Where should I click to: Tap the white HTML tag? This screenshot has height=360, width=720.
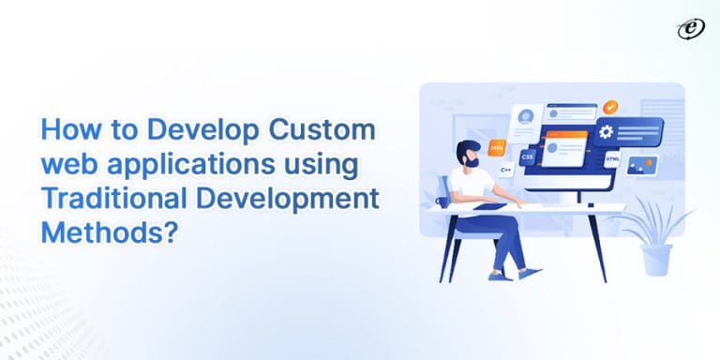click(x=613, y=161)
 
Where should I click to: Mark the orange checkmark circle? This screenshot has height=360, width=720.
click(x=609, y=108)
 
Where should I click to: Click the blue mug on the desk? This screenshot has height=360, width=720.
click(x=443, y=201)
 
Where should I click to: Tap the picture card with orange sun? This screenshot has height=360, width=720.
click(x=641, y=169)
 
